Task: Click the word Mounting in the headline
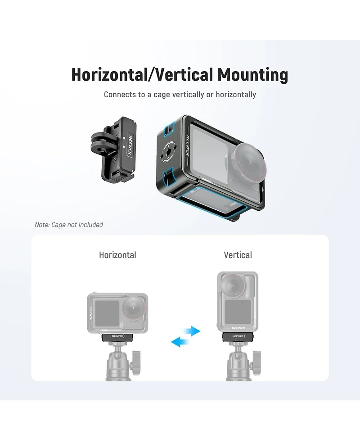tap(252, 75)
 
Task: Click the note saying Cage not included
tap(69, 224)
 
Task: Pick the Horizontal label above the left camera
tap(117, 255)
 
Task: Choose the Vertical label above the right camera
tap(238, 255)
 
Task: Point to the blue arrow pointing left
tap(180, 342)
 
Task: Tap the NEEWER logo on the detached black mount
tap(130, 145)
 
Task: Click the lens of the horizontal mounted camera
tap(134, 308)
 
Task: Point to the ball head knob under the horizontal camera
tap(136, 362)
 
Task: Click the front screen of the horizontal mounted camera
tap(108, 313)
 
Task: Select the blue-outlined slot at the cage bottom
tap(213, 204)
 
